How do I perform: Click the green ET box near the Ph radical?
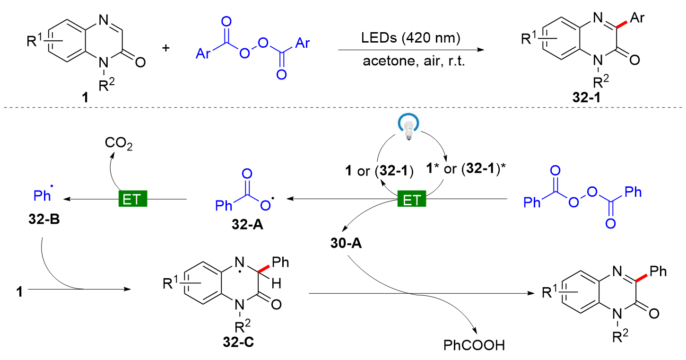[x=132, y=200]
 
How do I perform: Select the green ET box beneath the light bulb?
[x=411, y=200]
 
